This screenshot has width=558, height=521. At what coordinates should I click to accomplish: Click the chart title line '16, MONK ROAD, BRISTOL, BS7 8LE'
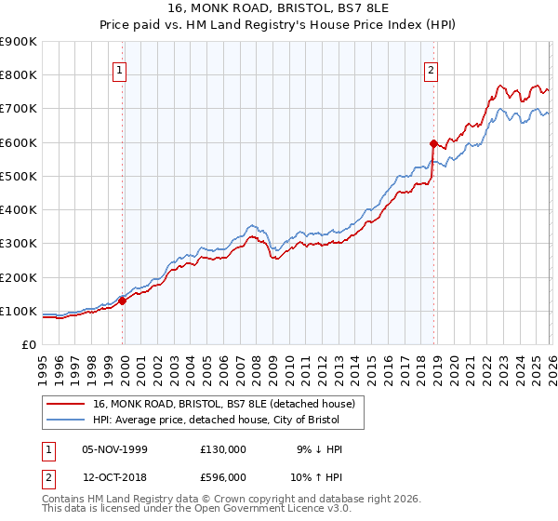tap(279, 10)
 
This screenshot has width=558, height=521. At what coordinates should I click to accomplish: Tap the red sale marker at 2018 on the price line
tap(433, 143)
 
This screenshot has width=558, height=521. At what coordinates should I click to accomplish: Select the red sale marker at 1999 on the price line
tap(122, 301)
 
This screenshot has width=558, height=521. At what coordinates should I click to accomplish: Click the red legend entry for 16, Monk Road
tap(223, 405)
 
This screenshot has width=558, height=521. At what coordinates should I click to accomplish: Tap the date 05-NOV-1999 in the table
tap(115, 448)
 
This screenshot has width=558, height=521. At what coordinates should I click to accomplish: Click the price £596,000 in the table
tap(222, 480)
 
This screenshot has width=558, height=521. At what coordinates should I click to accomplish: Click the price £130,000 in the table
tap(222, 448)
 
